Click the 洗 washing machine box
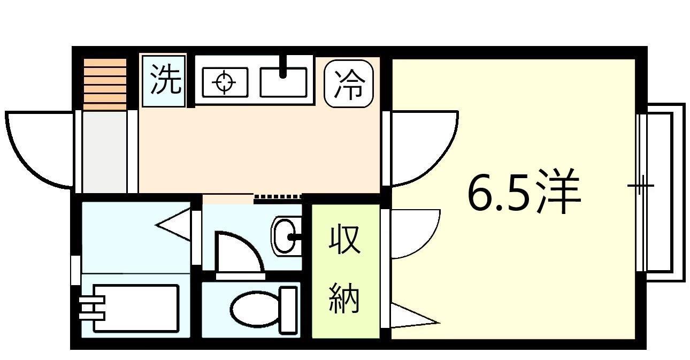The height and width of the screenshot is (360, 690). [164, 81]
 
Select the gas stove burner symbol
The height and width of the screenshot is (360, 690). [225, 82]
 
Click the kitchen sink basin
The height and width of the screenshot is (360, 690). [283, 82]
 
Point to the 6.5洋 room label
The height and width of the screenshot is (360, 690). [524, 191]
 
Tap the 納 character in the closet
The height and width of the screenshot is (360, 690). [344, 299]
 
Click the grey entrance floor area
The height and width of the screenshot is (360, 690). [104, 151]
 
